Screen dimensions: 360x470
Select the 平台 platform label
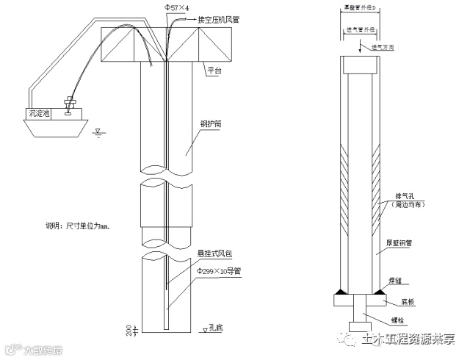point(214,71)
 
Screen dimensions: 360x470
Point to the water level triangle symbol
point(98,133)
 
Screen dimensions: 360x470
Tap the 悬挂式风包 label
point(214,254)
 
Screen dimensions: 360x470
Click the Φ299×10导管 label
point(218,270)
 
